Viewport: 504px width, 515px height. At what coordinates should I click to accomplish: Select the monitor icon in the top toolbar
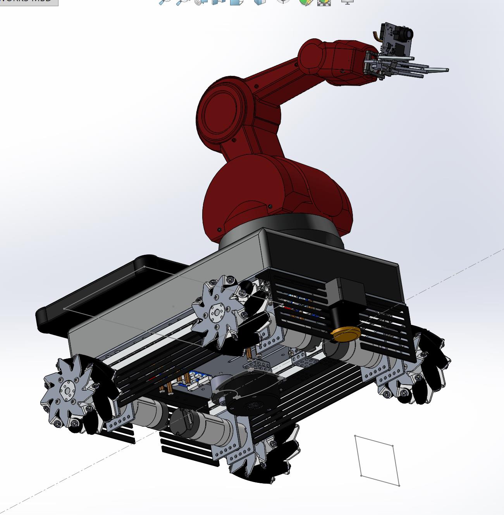coord(347,2)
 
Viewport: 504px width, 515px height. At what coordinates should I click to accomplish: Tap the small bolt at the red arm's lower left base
coord(219,230)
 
